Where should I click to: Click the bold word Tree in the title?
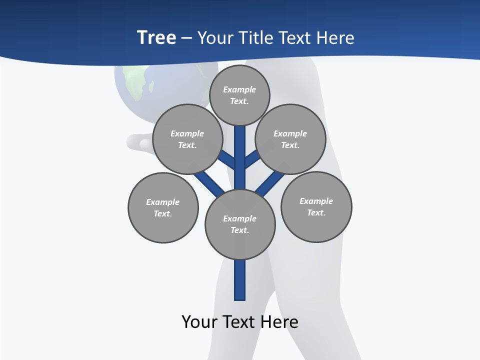(156, 38)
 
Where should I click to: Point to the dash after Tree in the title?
(186, 38)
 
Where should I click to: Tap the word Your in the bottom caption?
(200, 322)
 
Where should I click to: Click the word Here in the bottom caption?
(279, 322)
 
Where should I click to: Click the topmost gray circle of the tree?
(239, 95)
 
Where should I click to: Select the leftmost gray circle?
(163, 207)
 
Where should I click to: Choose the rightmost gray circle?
(316, 206)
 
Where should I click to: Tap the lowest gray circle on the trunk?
(240, 224)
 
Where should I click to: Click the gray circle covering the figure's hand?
(187, 139)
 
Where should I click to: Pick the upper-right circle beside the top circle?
(290, 139)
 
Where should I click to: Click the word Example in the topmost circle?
(239, 89)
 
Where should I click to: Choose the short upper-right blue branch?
(252, 159)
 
